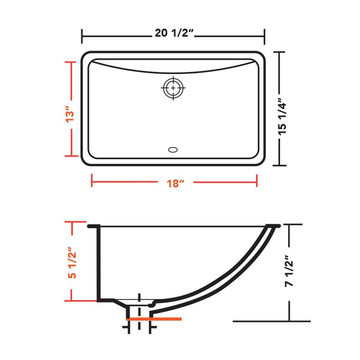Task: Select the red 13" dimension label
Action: (x=70, y=115)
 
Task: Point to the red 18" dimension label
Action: (x=175, y=184)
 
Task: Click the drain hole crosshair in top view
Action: (x=173, y=88)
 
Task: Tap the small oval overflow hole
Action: (x=173, y=150)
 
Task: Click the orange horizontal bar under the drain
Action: (x=154, y=319)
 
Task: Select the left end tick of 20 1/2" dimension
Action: (x=82, y=36)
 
